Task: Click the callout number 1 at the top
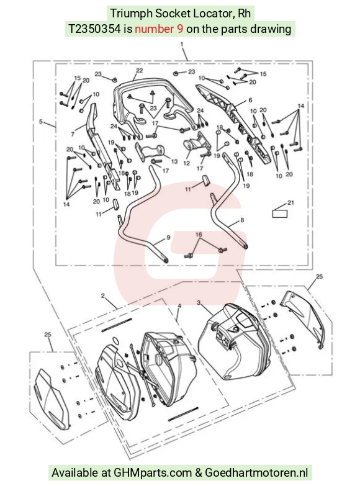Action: click(x=182, y=44)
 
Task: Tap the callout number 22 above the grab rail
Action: click(x=139, y=71)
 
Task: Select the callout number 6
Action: click(x=250, y=100)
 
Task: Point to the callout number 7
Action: click(x=73, y=134)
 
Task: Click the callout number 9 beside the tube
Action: click(x=168, y=238)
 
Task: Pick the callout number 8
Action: click(x=242, y=220)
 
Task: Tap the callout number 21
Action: click(x=290, y=203)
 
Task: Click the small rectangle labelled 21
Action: click(x=279, y=214)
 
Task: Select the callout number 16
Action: click(x=199, y=235)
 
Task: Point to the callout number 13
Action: click(x=174, y=161)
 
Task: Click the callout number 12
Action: click(x=186, y=163)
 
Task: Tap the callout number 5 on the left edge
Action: click(x=40, y=122)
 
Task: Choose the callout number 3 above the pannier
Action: click(x=199, y=302)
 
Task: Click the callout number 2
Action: click(x=103, y=295)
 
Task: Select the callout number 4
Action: click(x=179, y=306)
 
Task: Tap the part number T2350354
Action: click(x=94, y=29)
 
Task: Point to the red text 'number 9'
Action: click(x=159, y=29)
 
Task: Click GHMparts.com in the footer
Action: click(x=153, y=473)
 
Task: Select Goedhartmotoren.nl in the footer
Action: click(x=256, y=473)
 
